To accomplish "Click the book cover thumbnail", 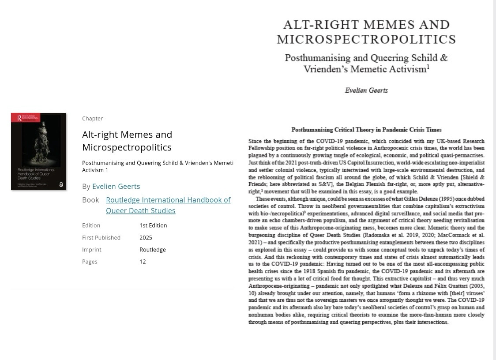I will point(39,151).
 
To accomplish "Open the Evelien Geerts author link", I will point(116,186).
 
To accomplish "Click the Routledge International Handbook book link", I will point(168,205).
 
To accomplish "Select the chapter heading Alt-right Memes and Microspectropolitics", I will point(127,140).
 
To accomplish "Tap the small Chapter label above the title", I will point(92,118).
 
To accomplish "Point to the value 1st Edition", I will point(153,225).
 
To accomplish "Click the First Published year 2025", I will point(146,237).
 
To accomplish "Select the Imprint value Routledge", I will point(153,249).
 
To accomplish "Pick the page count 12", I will point(143,262).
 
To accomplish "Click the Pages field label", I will point(90,262).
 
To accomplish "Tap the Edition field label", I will point(91,225).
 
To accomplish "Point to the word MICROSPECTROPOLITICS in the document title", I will point(366,39).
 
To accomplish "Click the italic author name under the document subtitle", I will point(366,90).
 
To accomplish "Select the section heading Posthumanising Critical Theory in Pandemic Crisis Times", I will point(366,130).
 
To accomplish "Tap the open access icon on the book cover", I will point(61,184).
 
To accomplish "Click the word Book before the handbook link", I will point(90,200).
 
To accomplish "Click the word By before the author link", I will point(86,186).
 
